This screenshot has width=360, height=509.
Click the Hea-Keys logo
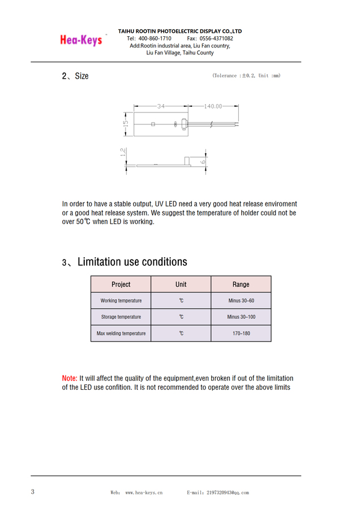(81, 40)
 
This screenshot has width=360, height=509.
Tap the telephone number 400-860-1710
(155, 38)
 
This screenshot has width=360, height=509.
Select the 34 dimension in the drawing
(161, 106)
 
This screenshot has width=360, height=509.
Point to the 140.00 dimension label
(213, 106)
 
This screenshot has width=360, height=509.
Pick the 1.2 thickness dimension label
(123, 152)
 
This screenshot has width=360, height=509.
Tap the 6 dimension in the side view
(203, 162)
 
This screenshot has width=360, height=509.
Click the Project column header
(121, 284)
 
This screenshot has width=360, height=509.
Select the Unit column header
(181, 284)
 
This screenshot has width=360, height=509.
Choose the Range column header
(241, 284)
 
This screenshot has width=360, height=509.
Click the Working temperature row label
(121, 301)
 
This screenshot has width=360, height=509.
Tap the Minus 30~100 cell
(241, 317)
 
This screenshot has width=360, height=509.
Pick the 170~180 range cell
(241, 334)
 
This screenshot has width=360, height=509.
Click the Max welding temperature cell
(121, 334)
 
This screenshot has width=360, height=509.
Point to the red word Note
(69, 378)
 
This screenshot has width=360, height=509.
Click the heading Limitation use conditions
(132, 262)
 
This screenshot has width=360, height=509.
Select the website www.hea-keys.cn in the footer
(144, 493)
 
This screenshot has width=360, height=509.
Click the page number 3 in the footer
(33, 492)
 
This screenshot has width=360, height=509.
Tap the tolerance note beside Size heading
(246, 76)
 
